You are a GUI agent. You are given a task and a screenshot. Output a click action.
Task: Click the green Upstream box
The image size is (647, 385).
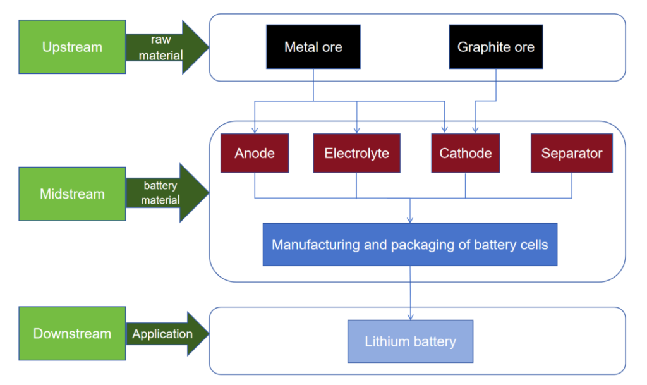(72, 47)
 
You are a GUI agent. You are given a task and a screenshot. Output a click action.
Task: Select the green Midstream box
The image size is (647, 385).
(72, 194)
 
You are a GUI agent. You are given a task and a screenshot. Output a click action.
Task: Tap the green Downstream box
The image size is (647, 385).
(72, 334)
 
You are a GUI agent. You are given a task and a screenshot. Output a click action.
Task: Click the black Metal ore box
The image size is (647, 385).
(313, 47)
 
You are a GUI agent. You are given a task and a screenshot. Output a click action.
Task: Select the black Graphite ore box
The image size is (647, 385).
(496, 47)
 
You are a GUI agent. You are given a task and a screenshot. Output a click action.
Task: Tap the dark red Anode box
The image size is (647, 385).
(255, 153)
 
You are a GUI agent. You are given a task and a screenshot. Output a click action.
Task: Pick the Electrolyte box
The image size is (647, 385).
(356, 153)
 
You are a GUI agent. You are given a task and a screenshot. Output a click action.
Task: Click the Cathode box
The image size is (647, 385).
(466, 153)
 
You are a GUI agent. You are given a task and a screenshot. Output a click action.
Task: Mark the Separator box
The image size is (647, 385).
(572, 153)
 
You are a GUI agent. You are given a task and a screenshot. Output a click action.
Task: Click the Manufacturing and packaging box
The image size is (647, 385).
(410, 244)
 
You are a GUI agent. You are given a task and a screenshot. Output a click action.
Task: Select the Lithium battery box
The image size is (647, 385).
(410, 342)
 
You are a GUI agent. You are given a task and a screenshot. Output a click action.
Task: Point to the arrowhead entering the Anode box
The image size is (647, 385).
(255, 130)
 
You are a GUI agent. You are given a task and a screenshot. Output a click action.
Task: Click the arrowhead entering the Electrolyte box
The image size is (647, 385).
(356, 130)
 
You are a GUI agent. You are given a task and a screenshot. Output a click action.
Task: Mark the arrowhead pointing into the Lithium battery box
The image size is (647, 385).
(411, 317)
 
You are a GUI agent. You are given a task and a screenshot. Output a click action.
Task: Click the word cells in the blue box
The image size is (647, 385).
(532, 244)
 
